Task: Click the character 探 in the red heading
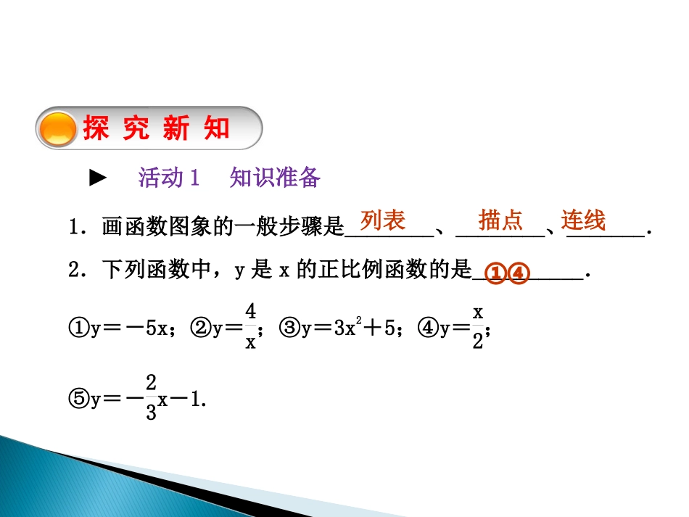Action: [x=96, y=129]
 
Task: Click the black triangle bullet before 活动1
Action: [x=97, y=178]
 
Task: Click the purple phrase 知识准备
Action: [x=275, y=178]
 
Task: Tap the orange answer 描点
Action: [x=500, y=220]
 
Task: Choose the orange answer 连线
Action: [x=583, y=220]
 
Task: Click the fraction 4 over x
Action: [x=250, y=327]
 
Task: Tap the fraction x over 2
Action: [x=478, y=327]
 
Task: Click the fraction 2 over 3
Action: [x=152, y=400]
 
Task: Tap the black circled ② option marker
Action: [x=199, y=328]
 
